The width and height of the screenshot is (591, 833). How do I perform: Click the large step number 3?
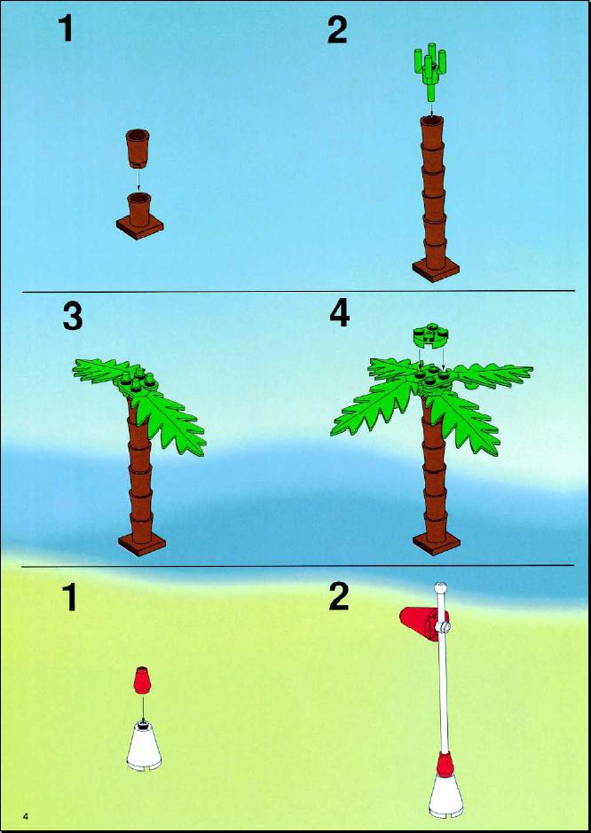pyautogui.click(x=73, y=318)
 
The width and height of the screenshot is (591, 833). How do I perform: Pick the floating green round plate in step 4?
pyautogui.click(x=431, y=337)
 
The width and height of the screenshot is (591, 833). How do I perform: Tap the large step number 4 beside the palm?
pyautogui.click(x=340, y=315)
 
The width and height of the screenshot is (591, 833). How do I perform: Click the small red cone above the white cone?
pyautogui.click(x=141, y=680)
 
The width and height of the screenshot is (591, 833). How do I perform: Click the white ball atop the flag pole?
pyautogui.click(x=440, y=588)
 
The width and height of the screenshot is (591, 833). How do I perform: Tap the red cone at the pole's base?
pyautogui.click(x=445, y=764)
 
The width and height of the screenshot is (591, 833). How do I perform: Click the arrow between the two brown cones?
pyautogui.click(x=138, y=181)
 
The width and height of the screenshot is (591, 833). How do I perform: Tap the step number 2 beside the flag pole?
pyautogui.click(x=339, y=598)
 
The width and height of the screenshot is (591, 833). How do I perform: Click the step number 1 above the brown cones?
pyautogui.click(x=66, y=28)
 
